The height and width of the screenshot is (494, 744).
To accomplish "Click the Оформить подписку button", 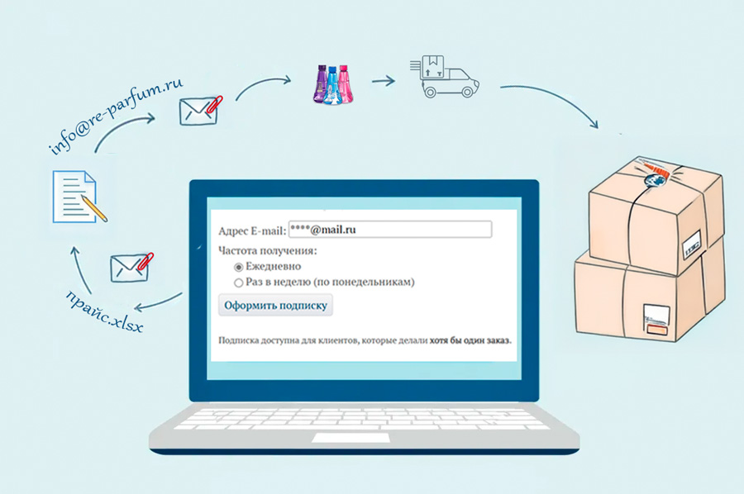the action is point(275,306).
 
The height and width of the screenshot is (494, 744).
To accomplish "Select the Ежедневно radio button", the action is point(238,268).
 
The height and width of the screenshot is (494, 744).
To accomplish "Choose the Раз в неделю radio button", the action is point(238,283).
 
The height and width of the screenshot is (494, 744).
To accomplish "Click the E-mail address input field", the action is point(390,230).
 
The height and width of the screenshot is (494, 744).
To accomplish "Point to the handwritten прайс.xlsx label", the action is point(104,311).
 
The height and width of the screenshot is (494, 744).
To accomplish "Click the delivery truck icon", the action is point(445,76).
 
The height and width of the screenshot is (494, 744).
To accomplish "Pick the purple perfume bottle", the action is point(322,85).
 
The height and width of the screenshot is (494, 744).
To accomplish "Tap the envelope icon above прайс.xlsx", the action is point(131,268).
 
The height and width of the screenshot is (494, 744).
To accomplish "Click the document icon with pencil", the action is point(79,197).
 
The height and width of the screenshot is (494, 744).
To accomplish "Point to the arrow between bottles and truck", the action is point(384,81).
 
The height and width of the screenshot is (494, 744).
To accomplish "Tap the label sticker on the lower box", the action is point(656,321).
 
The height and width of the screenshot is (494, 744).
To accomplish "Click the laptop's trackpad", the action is point(351,438).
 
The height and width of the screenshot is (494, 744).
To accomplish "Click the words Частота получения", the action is point(267,251).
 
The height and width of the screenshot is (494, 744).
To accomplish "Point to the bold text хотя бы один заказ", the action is point(470,340).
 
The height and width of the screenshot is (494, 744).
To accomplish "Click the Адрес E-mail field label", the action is point(252,230).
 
